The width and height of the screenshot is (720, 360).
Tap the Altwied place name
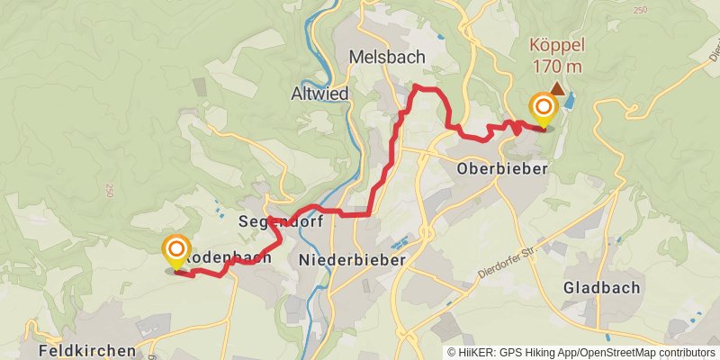coord(319,92)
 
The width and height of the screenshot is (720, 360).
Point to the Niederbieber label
coord(351,259)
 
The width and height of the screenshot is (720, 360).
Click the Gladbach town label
coord(601,288)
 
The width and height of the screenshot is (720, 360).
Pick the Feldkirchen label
coord(87,350)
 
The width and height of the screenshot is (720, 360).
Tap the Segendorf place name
coord(274,220)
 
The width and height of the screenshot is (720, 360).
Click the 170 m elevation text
coord(557,67)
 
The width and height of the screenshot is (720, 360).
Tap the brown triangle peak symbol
coord(558,88)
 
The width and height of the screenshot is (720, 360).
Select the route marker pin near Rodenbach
coord(176,251)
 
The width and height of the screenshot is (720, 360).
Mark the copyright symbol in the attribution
coord(452,353)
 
